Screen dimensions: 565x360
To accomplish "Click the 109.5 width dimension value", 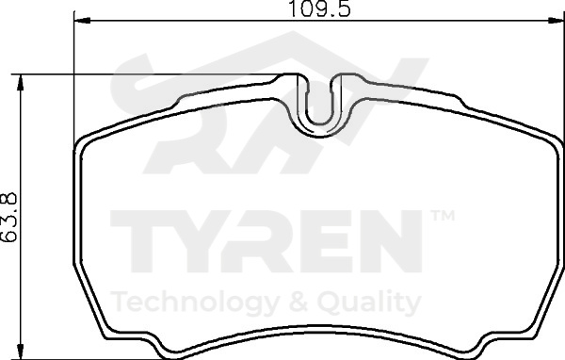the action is (319, 8).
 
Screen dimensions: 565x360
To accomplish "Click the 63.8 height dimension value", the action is (9, 217).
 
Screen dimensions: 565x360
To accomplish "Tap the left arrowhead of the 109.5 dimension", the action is (81, 21).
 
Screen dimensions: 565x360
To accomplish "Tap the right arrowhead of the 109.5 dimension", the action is (556, 21).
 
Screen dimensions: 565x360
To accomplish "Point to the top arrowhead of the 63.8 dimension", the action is (21, 83).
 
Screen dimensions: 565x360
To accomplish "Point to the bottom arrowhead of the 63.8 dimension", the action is (21, 351).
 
